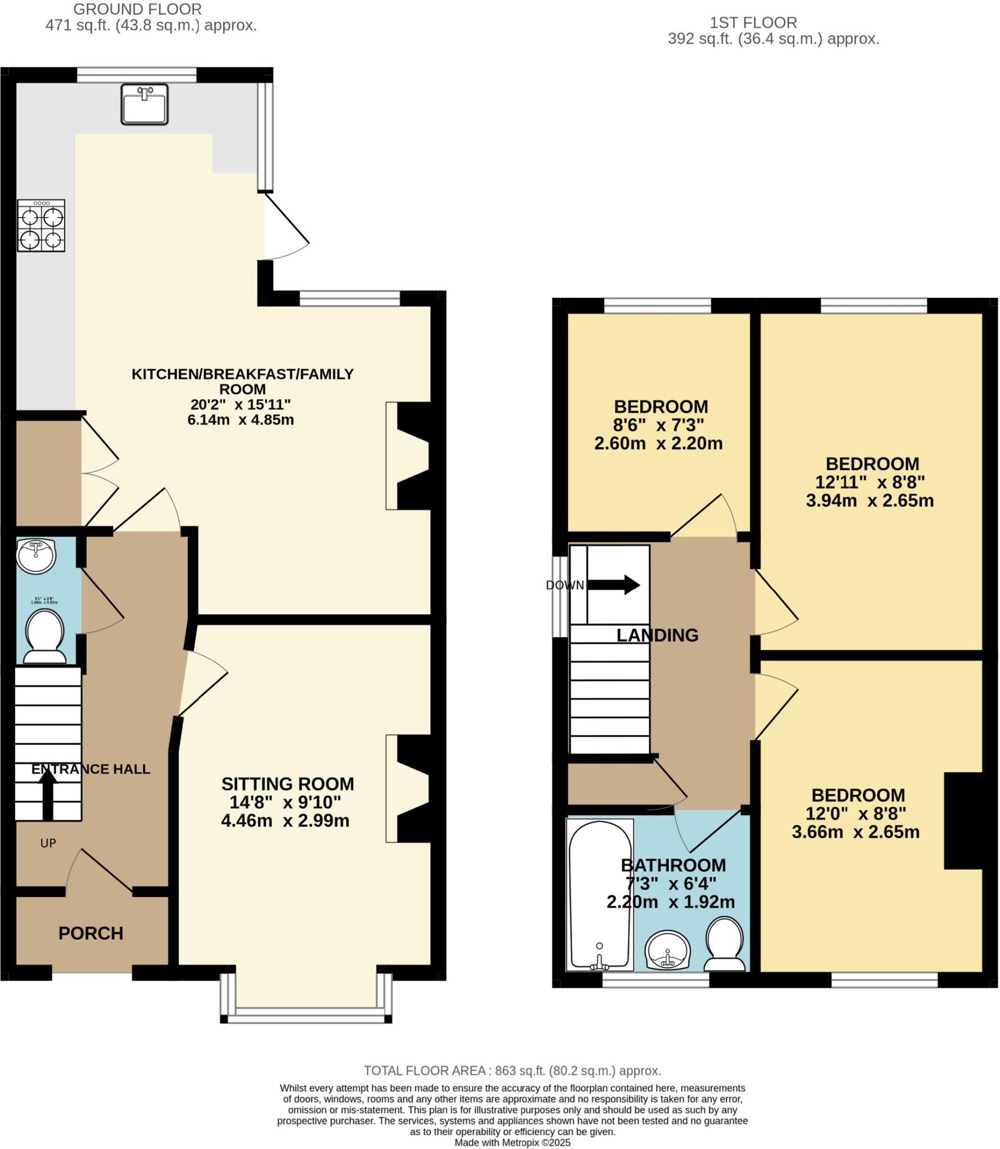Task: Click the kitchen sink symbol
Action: click(x=145, y=104)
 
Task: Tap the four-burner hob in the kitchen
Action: click(x=41, y=226)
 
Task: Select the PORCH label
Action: click(x=91, y=933)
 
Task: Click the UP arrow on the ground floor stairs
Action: click(x=48, y=793)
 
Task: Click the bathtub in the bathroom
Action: click(x=599, y=895)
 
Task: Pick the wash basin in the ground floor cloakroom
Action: click(x=36, y=555)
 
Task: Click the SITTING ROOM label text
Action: click(x=287, y=784)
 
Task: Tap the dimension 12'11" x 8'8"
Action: click(x=869, y=482)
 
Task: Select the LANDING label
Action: click(x=657, y=635)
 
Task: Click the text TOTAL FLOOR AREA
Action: click(x=424, y=1070)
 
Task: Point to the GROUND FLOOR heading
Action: click(x=137, y=10)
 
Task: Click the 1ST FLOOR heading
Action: click(x=753, y=23)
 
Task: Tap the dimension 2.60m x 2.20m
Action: click(x=658, y=444)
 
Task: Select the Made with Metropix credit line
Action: click(x=512, y=1142)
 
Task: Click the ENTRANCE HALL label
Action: click(x=91, y=769)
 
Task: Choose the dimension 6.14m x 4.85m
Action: click(x=240, y=420)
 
